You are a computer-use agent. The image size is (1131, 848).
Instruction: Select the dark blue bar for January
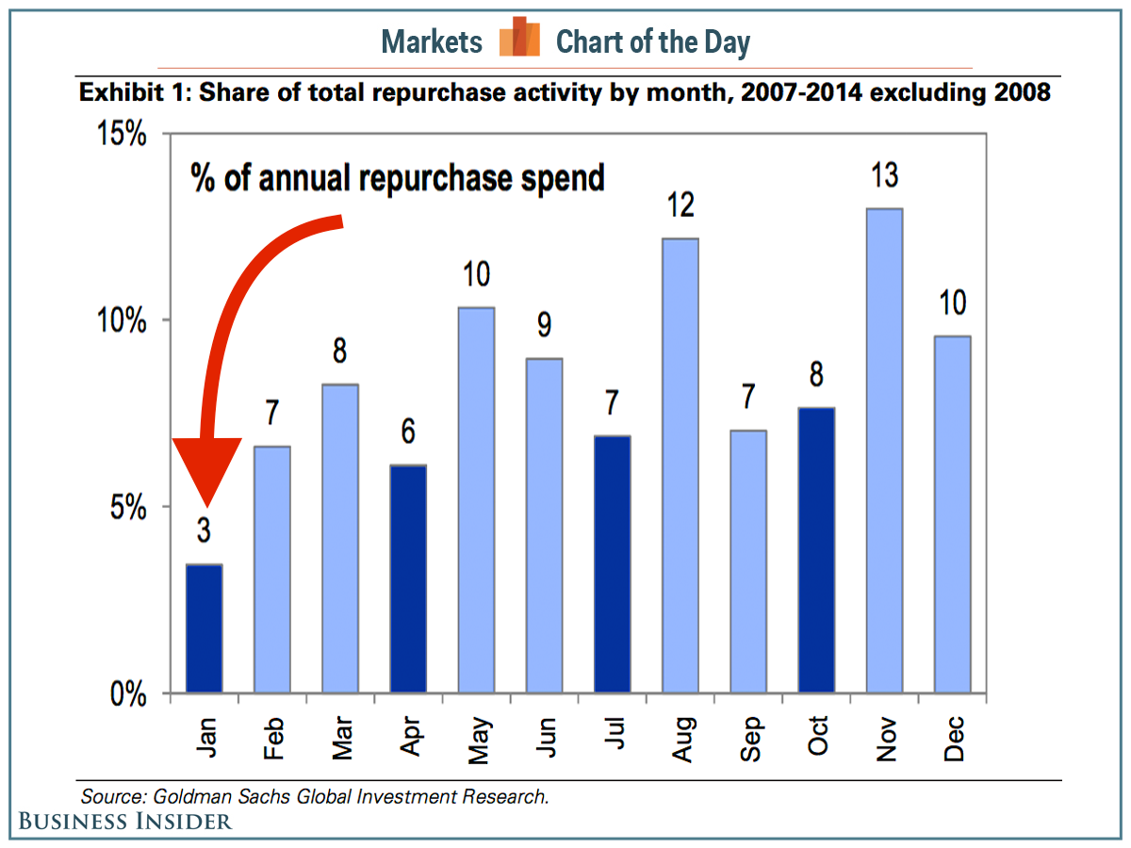204,628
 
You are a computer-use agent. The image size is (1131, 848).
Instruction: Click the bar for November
884,450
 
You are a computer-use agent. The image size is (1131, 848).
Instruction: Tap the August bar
680,465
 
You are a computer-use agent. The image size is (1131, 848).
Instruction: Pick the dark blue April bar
408,579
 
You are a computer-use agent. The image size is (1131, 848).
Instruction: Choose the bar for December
952,514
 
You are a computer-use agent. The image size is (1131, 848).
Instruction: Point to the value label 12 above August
680,205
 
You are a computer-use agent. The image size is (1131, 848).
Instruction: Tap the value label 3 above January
204,531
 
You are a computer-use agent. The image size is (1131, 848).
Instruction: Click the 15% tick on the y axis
124,134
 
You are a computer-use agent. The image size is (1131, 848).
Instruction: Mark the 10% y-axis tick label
124,320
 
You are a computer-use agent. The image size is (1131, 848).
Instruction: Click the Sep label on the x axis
749,739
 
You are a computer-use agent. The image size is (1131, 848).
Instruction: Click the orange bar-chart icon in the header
519,39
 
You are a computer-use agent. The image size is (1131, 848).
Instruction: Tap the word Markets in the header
432,41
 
